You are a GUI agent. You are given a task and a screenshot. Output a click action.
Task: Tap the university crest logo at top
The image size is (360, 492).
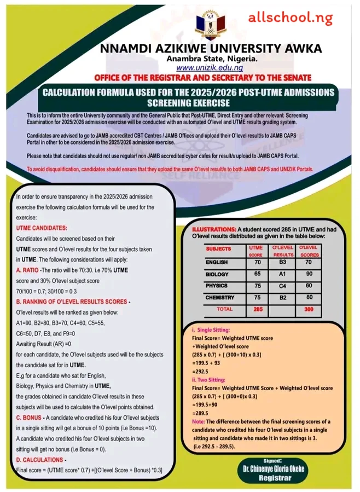click(x=208, y=25)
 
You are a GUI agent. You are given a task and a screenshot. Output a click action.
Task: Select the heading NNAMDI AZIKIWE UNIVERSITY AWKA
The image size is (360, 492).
click(x=208, y=48)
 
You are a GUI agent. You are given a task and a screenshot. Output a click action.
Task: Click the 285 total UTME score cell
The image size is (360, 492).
click(x=251, y=309)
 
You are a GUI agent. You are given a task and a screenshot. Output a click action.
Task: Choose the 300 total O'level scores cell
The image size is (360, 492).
click(x=309, y=309)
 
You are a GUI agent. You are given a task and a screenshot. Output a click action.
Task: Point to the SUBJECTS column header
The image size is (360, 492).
click(x=219, y=249)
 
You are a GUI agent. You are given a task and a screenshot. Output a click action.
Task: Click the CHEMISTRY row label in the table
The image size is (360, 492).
click(x=220, y=298)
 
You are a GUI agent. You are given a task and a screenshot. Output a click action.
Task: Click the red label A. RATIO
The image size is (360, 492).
click(x=32, y=270)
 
